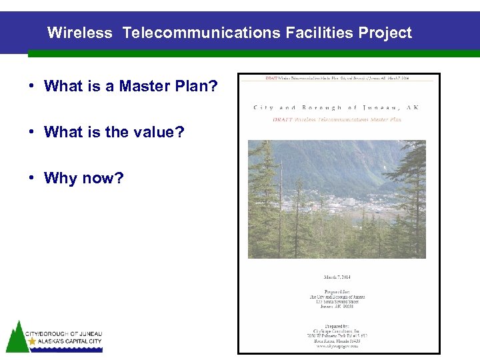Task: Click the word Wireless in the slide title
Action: (80, 33)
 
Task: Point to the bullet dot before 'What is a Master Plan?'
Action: (31, 86)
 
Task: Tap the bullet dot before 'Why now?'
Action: (31, 178)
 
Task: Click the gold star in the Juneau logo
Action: (32, 341)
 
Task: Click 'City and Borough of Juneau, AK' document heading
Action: (337, 107)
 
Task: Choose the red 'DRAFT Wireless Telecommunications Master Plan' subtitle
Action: (337, 119)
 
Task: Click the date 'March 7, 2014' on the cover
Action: (337, 277)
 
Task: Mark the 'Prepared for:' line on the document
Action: (337, 291)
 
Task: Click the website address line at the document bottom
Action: (337, 346)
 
